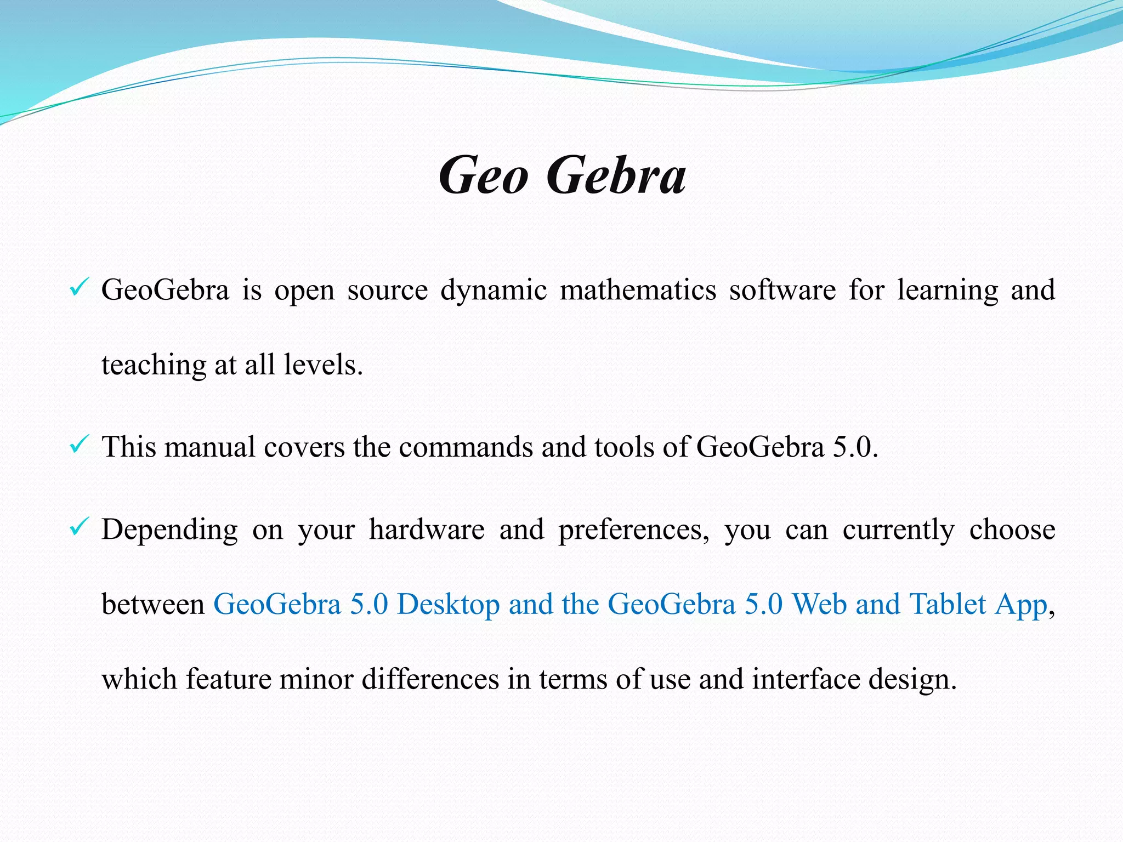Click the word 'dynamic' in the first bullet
(494, 291)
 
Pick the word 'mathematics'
(638, 291)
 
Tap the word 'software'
(782, 291)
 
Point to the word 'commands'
(466, 447)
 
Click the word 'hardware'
(427, 530)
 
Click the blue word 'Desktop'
(448, 605)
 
